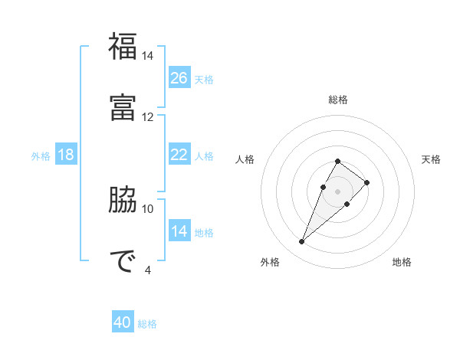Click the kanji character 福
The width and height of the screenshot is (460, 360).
coord(123,47)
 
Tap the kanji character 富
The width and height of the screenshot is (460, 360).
coord(123,108)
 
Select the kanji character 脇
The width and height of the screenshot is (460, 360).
coord(123,200)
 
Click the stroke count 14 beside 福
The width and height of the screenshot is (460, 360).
coord(148,56)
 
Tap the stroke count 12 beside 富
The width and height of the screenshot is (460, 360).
coord(148,117)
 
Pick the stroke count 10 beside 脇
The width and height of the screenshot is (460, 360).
coord(148,208)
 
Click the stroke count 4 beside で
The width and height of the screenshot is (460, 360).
coord(148,270)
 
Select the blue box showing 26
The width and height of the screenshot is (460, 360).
coord(179,78)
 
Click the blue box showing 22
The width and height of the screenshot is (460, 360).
coord(179,155)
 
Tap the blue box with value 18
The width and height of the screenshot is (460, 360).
coord(66,155)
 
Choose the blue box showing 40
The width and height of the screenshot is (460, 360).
coord(123,322)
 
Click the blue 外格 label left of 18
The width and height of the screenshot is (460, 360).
coord(41,156)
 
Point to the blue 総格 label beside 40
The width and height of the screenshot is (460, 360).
coord(147,324)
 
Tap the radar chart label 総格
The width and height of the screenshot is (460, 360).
coord(338,100)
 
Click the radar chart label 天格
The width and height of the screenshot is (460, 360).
coord(431,159)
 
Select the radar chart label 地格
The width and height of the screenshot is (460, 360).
coord(402,262)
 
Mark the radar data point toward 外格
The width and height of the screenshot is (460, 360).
coord(301,242)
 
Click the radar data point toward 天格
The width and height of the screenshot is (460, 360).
coord(367,182)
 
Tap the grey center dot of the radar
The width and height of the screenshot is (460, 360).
coord(337,191)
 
